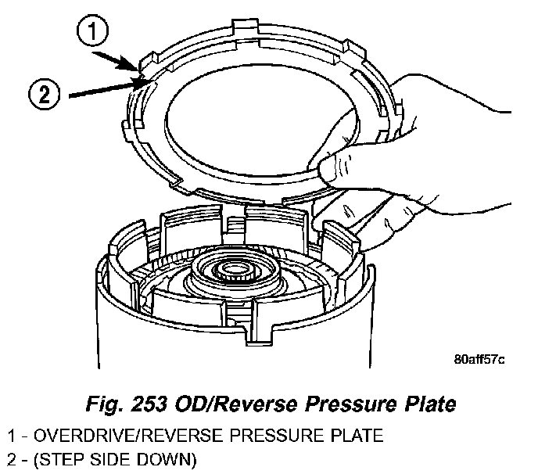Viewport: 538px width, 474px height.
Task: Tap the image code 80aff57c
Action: click(x=479, y=361)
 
